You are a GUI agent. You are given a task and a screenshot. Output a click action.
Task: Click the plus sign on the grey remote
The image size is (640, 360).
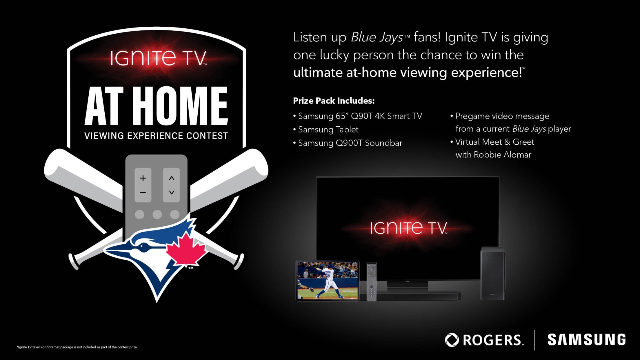click(x=143, y=178)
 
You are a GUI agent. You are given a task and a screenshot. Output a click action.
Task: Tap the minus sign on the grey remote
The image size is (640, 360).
click(x=143, y=192)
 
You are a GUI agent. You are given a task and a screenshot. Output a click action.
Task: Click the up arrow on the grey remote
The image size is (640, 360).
click(x=172, y=178)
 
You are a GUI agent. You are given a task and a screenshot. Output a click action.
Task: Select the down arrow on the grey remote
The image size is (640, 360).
click(x=172, y=192)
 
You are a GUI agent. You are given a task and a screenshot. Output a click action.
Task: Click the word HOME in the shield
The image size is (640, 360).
click(x=182, y=106)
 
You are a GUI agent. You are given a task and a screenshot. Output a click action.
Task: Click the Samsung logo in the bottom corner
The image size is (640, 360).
click(x=587, y=339)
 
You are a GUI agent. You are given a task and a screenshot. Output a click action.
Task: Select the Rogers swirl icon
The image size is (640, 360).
click(x=452, y=340)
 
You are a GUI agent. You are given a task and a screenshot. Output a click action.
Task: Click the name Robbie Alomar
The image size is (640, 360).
click(x=502, y=155)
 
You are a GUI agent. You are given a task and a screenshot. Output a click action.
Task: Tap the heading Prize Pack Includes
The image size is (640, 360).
click(x=334, y=101)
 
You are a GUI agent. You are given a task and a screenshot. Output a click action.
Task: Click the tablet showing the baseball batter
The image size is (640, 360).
click(x=328, y=281)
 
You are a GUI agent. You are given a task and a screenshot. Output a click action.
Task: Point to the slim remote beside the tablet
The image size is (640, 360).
click(x=371, y=281)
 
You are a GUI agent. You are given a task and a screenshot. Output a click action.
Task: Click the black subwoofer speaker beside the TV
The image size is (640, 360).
click(x=492, y=273)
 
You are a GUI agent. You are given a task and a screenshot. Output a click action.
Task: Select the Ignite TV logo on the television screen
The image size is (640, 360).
click(x=409, y=228)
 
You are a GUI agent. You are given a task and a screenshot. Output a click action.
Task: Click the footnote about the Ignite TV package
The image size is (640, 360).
click(x=77, y=347)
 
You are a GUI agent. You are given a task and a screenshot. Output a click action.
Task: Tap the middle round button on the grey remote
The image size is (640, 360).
click(x=157, y=214)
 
